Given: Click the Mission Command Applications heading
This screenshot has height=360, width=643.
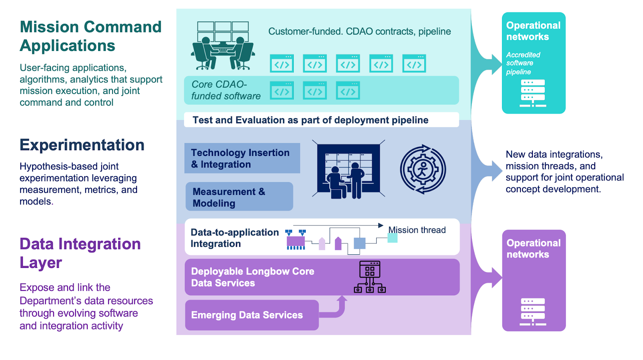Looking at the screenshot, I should [x=90, y=36].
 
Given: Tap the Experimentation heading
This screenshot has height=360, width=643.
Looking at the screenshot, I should [x=82, y=145].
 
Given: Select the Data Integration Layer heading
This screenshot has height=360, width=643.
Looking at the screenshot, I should [x=80, y=253].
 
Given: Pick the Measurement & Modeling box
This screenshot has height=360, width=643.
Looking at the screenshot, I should [x=239, y=197].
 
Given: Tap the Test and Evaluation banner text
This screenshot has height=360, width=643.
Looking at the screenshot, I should [x=310, y=120].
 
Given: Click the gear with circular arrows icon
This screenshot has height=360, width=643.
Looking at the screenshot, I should [x=423, y=170].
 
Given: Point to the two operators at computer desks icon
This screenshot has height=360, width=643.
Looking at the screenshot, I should [x=222, y=46].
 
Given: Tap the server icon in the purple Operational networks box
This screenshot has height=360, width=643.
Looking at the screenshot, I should [x=533, y=312].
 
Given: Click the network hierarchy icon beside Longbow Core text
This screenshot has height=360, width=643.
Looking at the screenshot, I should [x=370, y=277].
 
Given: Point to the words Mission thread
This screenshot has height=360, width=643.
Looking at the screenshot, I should [x=417, y=230].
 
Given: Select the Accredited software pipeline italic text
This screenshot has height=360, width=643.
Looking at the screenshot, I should [x=523, y=63].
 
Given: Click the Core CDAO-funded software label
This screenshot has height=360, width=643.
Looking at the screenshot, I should [x=226, y=90].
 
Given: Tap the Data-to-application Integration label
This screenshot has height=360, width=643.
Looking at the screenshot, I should [x=234, y=238].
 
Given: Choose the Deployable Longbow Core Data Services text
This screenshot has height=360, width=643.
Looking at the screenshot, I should [x=252, y=277].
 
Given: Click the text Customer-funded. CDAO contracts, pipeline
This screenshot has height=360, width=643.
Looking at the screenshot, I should [x=359, y=31].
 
